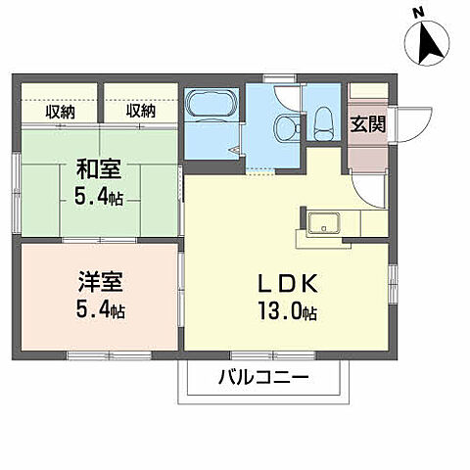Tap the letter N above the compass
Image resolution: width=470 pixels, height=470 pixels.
pyautogui.click(x=418, y=12)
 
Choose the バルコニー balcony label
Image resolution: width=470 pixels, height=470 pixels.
pyautogui.click(x=261, y=378)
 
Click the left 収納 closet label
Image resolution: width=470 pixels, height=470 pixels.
pyautogui.click(x=61, y=112)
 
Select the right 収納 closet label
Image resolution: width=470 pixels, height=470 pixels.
pyautogui.click(x=140, y=112)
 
